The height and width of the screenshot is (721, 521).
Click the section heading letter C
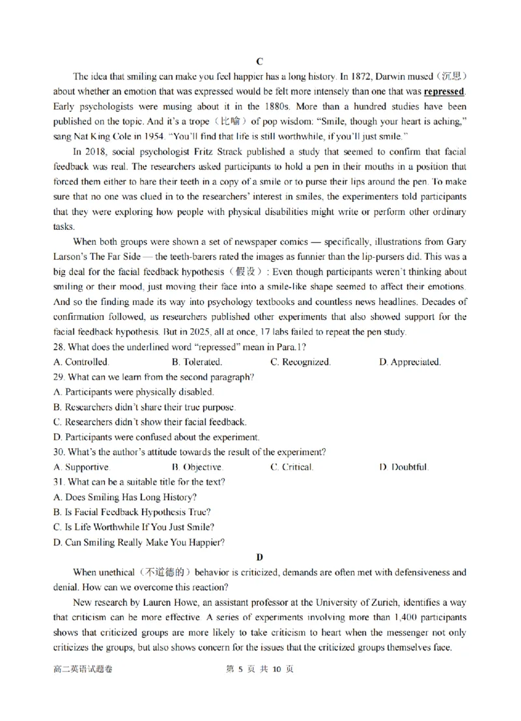(259, 61)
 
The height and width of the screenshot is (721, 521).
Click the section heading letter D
(259, 557)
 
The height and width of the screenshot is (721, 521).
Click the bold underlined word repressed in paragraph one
(444, 91)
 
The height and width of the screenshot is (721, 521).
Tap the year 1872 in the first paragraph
(362, 76)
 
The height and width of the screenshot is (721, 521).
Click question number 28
(59, 347)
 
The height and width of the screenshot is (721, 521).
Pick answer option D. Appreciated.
(410, 362)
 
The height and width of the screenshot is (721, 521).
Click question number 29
(59, 377)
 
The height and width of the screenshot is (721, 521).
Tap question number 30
(59, 452)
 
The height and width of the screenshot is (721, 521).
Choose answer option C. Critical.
(292, 467)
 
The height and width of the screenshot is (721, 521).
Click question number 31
(59, 482)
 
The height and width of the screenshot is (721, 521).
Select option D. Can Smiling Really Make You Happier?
(139, 542)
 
